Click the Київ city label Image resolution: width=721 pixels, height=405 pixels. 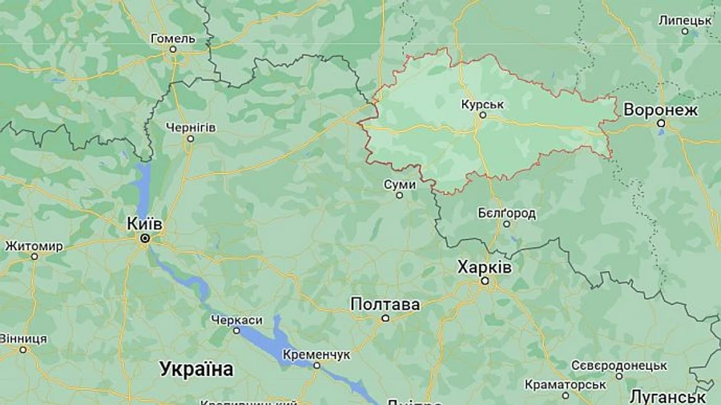[145, 224]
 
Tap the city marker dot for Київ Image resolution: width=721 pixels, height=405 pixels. [146, 238]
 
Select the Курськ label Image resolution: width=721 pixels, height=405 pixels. [482, 104]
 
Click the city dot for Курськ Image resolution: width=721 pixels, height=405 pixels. [482, 115]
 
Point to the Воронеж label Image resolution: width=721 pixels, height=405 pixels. [660, 110]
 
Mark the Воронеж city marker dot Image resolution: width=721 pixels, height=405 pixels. [661, 124]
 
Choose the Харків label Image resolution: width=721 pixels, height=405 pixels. [484, 267]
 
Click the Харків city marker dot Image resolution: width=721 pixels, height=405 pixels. [484, 281]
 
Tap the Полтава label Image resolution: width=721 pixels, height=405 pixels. [385, 305]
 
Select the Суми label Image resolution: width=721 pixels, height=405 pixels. [400, 184]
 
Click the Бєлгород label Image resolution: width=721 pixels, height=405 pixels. [506, 213]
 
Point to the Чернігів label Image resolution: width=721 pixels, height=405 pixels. [191, 128]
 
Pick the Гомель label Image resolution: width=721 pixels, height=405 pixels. [173, 38]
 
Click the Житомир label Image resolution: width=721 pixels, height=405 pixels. [34, 245]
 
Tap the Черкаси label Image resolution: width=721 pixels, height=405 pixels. [236, 320]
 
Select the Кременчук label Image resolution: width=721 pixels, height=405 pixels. [316, 354]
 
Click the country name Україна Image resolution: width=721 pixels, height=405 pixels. [196, 370]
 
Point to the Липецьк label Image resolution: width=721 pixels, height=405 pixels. [685, 20]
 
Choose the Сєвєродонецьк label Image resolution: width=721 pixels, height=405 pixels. [618, 365]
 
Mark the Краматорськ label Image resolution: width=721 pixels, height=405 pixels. [566, 385]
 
